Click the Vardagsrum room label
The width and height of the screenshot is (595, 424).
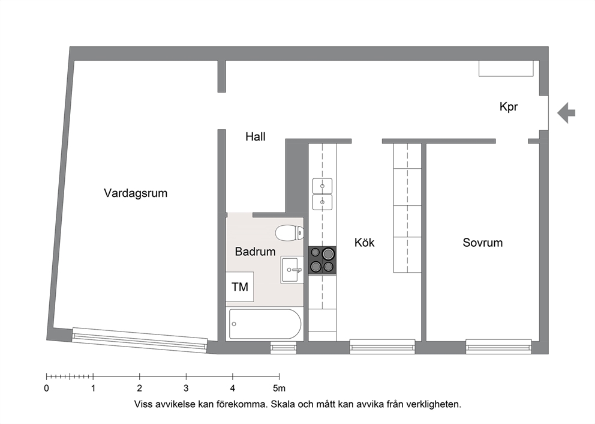coord(136,193)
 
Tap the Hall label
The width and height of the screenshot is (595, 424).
coord(255,137)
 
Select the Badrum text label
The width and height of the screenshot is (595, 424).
coord(255,252)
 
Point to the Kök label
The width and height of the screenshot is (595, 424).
coord(364,243)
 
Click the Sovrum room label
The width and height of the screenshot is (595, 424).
coord(482,243)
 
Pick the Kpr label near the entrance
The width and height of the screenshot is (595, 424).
coord(509,107)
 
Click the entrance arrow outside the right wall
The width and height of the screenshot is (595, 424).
coord(566,113)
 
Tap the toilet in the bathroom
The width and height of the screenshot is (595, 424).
coord(289,233)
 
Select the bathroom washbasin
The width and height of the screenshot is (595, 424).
coord(292,270)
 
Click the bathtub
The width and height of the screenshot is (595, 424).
coord(265,324)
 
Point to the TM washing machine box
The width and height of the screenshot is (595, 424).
coord(240,287)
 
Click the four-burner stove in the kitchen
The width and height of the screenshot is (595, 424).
coord(322,260)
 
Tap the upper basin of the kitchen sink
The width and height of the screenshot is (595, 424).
coord(322,186)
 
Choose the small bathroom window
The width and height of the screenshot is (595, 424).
coord(283,347)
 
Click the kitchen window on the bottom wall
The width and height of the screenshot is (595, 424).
coord(382,347)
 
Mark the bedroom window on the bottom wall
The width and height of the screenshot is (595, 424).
coord(498,347)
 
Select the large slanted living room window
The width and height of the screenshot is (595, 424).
coord(140,341)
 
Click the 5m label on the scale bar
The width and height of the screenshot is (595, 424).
coord(280,389)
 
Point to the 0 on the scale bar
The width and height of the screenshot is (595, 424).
coord(46,389)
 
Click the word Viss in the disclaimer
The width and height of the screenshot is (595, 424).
coord(143,404)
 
